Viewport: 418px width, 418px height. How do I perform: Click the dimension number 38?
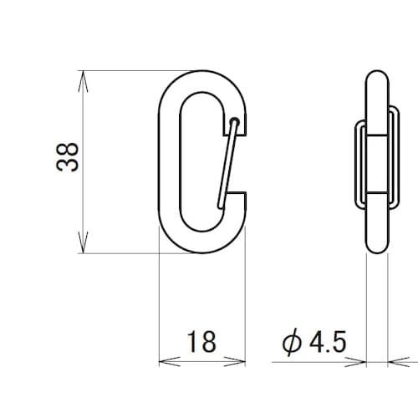(x=67, y=157)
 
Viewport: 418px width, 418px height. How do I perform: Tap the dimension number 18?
(x=201, y=341)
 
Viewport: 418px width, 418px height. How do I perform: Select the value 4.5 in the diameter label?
(x=328, y=341)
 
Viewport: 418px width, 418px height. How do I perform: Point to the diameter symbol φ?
(x=292, y=342)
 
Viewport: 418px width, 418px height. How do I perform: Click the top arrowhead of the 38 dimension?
(x=83, y=81)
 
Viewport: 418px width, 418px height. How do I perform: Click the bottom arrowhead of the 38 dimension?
(x=83, y=243)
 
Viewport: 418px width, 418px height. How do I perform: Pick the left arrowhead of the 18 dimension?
(x=170, y=362)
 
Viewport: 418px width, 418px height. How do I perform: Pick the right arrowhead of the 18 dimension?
(x=235, y=362)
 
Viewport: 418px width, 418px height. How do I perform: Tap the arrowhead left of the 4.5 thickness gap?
(x=355, y=362)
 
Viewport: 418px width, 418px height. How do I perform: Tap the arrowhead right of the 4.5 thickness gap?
(x=399, y=362)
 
